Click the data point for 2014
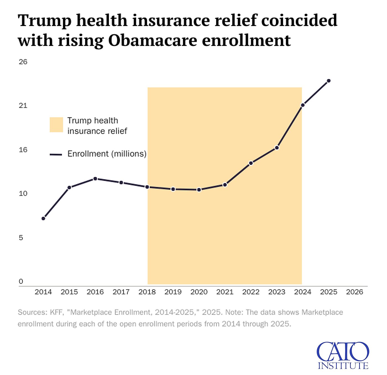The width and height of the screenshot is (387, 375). [x=43, y=218]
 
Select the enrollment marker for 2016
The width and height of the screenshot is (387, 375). [x=95, y=179]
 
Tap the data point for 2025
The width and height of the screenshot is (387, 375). [x=329, y=81]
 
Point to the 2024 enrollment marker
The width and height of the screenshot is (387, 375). [x=303, y=105]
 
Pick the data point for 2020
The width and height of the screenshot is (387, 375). [x=199, y=190]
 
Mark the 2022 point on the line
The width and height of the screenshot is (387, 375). [x=251, y=163]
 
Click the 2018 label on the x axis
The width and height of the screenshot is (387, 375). [x=147, y=292]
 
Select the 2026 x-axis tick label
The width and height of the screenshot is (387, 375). [x=354, y=292]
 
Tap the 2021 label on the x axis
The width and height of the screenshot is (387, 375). [x=225, y=292]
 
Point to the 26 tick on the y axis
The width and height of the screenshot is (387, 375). [x=23, y=62]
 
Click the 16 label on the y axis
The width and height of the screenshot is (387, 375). [x=23, y=150]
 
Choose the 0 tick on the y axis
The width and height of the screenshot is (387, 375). [x=21, y=281]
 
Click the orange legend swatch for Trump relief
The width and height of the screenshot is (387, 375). [x=56, y=125]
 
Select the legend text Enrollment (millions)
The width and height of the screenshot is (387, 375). [x=107, y=154]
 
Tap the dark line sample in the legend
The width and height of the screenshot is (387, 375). [x=56, y=154]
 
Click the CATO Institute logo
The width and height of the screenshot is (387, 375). [x=343, y=355]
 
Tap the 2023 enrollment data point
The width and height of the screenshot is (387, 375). [x=277, y=148]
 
